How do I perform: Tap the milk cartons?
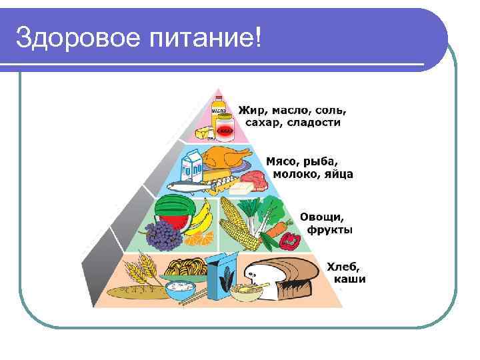[193, 167]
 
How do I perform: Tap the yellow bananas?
[201, 220]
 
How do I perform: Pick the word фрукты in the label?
[330, 230]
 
